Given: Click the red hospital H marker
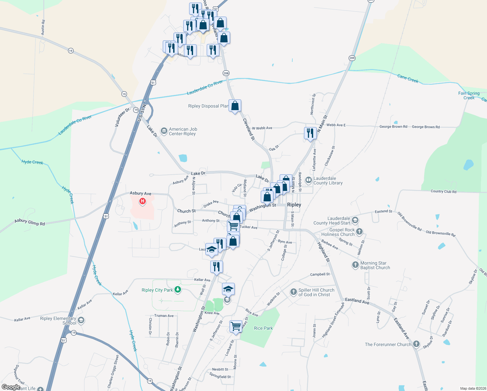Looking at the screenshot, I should [x=142, y=201].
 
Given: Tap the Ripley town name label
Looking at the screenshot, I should [x=294, y=205].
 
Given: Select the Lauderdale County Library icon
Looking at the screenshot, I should [x=308, y=180].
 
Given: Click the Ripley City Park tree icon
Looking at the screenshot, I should [x=177, y=289].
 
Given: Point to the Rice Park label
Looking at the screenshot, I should [x=263, y=328].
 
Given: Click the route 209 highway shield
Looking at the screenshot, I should [x=352, y=58].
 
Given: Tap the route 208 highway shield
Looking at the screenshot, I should [x=226, y=73].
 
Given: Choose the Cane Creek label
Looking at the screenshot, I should [x=408, y=78].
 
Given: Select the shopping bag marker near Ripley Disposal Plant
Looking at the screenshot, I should [x=235, y=106].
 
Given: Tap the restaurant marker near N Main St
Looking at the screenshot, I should [x=310, y=133].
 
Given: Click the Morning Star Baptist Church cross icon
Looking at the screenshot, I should [x=355, y=265].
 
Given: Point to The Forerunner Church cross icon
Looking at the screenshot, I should [x=416, y=344].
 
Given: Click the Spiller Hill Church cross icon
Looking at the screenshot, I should [x=293, y=292].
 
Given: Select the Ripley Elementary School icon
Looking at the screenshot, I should [x=81, y=320].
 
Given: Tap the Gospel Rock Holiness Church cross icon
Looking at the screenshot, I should [x=359, y=232].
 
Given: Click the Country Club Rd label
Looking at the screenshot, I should [x=443, y=191].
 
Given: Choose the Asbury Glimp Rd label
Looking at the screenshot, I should [x=30, y=222].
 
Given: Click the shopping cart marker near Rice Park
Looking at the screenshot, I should [x=236, y=326].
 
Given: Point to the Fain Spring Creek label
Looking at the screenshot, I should [x=469, y=95].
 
